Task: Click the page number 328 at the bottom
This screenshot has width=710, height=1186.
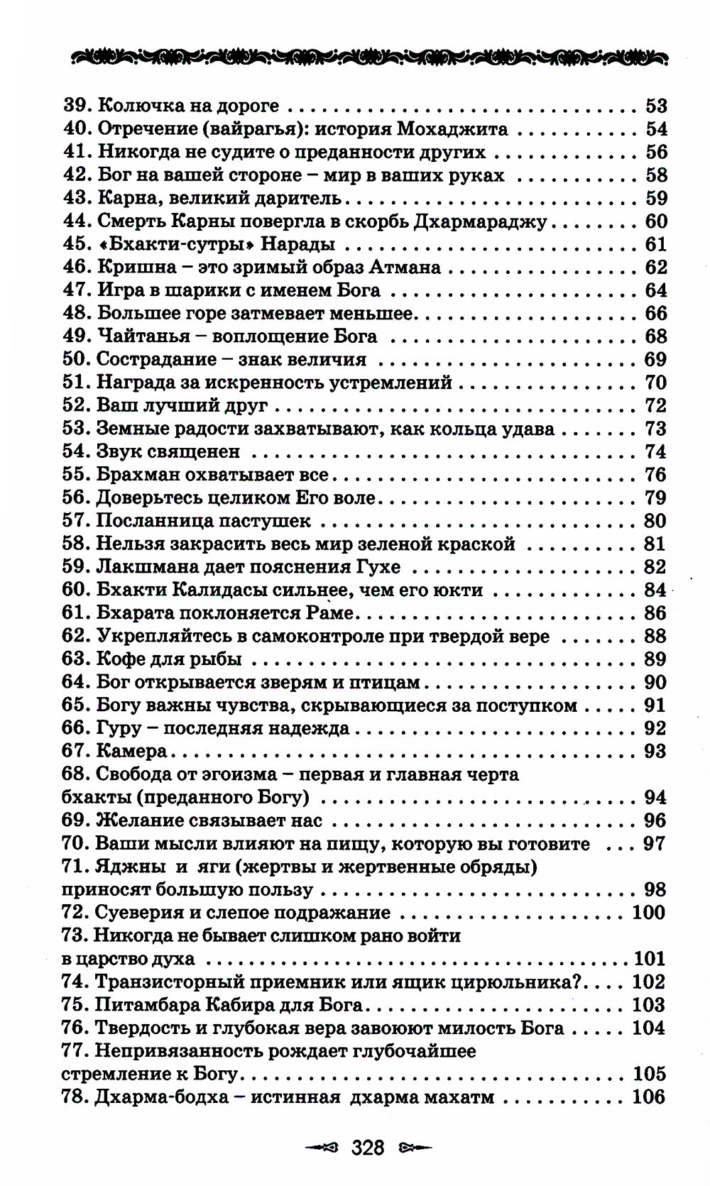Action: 368,1146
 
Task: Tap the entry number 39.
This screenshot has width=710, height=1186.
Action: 76,106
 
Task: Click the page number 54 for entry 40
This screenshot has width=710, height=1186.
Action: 656,129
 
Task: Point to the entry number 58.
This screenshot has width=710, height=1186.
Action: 76,544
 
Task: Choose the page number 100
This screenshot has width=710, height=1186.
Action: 648,912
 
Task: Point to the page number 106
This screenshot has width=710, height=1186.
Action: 648,1097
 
